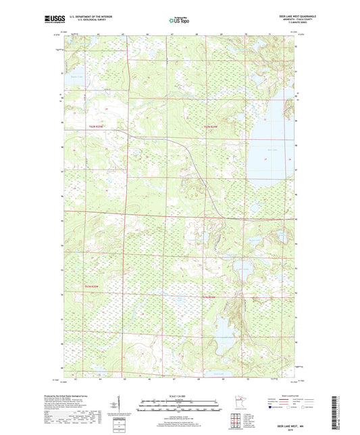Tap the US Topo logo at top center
coord(179,21)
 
